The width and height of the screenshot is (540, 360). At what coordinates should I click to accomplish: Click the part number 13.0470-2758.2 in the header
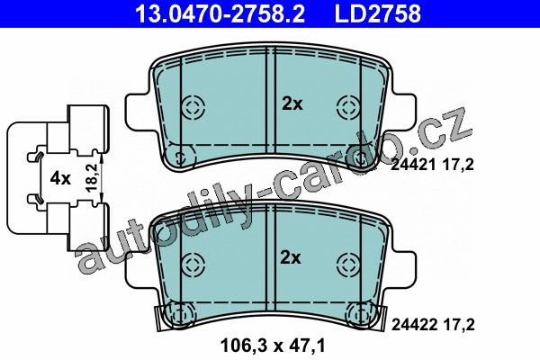[x=220, y=13]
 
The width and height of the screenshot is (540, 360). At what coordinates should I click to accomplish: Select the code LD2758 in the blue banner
[x=378, y=13]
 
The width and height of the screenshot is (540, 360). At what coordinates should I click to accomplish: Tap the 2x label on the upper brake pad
[x=292, y=103]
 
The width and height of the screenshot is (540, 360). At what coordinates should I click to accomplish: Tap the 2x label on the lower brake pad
[x=291, y=257]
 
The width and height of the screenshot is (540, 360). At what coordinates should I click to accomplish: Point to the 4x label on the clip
[x=60, y=178]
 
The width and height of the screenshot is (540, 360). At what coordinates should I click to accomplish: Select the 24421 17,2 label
[x=432, y=165]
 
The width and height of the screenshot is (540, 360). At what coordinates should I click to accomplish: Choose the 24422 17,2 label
[x=433, y=324]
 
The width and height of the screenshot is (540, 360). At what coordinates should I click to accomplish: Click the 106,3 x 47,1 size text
[x=273, y=346]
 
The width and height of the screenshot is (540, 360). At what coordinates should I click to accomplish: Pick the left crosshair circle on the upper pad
[x=193, y=106]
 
